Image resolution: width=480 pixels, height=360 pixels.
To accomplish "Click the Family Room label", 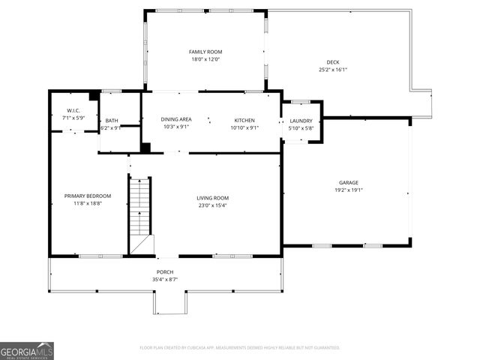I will tap(205, 52).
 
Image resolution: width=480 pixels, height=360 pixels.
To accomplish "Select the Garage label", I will tap(348, 182).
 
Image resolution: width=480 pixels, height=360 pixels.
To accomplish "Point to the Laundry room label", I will tap(301, 120).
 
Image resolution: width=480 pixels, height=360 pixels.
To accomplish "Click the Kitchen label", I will tap(244, 120).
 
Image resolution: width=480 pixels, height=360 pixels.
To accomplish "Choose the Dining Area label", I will tap(177, 120).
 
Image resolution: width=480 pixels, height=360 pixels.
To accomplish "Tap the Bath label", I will tap(111, 121).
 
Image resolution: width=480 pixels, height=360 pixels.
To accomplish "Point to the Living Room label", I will tap(213, 198).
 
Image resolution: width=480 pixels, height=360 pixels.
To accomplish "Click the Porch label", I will tap(165, 272).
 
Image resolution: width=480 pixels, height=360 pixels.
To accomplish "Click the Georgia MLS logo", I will tap(27, 349).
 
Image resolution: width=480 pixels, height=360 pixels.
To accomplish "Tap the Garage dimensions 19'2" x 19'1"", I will tap(348, 190).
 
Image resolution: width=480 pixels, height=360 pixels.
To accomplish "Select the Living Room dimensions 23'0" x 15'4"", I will tap(213, 205).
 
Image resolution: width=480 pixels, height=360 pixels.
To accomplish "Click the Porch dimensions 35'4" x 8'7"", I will tap(165, 279).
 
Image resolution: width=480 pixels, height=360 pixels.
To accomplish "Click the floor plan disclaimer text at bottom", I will tap(240, 348).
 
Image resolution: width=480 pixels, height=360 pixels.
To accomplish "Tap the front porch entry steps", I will tap(170, 303).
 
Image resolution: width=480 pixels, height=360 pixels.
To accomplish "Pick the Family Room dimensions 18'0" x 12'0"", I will tap(205, 59).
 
